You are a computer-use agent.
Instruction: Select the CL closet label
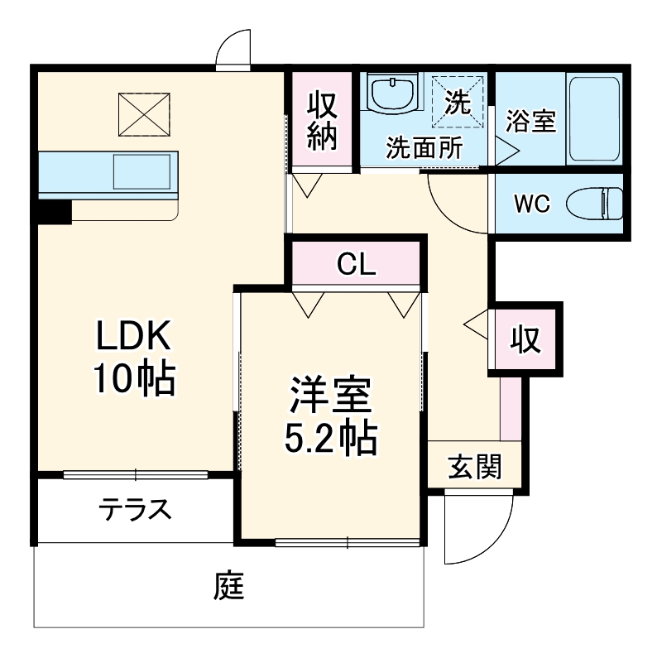click(x=357, y=265)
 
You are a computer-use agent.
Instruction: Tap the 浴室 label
click(x=530, y=122)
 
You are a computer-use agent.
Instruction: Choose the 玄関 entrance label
click(x=475, y=468)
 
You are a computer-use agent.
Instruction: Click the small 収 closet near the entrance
click(x=525, y=339)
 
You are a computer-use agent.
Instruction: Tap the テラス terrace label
click(x=136, y=509)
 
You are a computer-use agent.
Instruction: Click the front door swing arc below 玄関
click(x=468, y=530)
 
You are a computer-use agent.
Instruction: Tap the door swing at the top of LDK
click(x=233, y=48)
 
